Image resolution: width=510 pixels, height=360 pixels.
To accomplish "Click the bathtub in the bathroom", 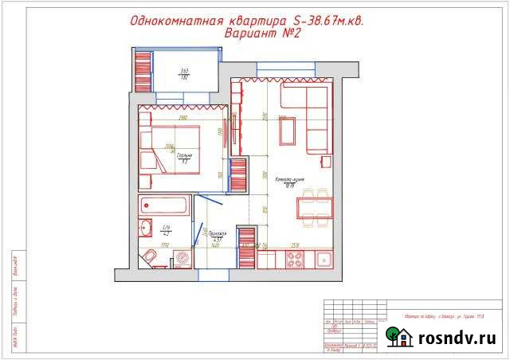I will [x=164, y=206].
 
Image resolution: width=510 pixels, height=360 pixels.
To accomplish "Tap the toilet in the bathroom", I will [x=149, y=256].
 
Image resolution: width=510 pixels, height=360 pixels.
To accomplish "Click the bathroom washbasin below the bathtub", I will [x=147, y=229].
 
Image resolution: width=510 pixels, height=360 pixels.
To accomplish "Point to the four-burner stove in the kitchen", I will [x=294, y=258].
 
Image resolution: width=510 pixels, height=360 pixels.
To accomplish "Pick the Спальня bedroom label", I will [x=182, y=156].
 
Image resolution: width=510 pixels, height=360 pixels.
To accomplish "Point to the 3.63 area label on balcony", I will [x=183, y=71].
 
